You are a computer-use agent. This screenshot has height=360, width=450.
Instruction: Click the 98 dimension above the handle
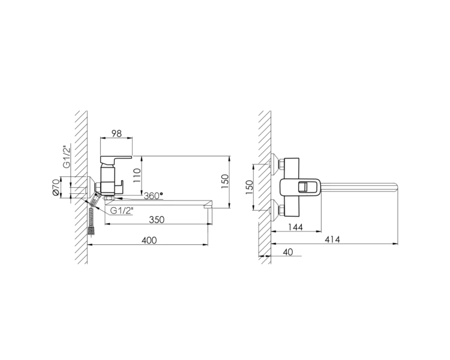pyautogui.click(x=116, y=133)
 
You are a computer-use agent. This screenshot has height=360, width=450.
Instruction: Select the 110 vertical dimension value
pyautogui.click(x=137, y=175)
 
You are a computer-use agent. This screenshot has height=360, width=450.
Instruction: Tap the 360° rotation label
pyautogui.click(x=153, y=196)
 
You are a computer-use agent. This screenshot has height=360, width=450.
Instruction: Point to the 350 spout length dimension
pyautogui.click(x=157, y=220)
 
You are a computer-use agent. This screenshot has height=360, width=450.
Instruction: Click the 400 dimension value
pyautogui.click(x=149, y=240)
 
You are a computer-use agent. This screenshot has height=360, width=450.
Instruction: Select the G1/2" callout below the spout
pyautogui.click(x=122, y=211)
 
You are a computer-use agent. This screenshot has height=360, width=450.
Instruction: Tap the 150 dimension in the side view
pyautogui.click(x=225, y=181)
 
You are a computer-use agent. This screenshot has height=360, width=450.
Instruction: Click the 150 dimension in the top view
pyautogui.click(x=250, y=187)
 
